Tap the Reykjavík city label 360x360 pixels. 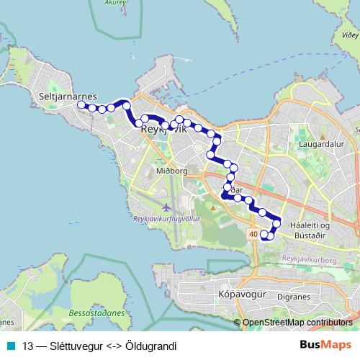(165, 130)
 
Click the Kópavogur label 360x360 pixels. (242, 295)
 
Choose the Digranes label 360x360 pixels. (294, 295)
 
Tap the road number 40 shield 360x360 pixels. (252, 235)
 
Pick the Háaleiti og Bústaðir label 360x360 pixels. (308, 230)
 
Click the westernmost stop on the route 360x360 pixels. (81, 105)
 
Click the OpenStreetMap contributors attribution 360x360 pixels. (297, 323)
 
